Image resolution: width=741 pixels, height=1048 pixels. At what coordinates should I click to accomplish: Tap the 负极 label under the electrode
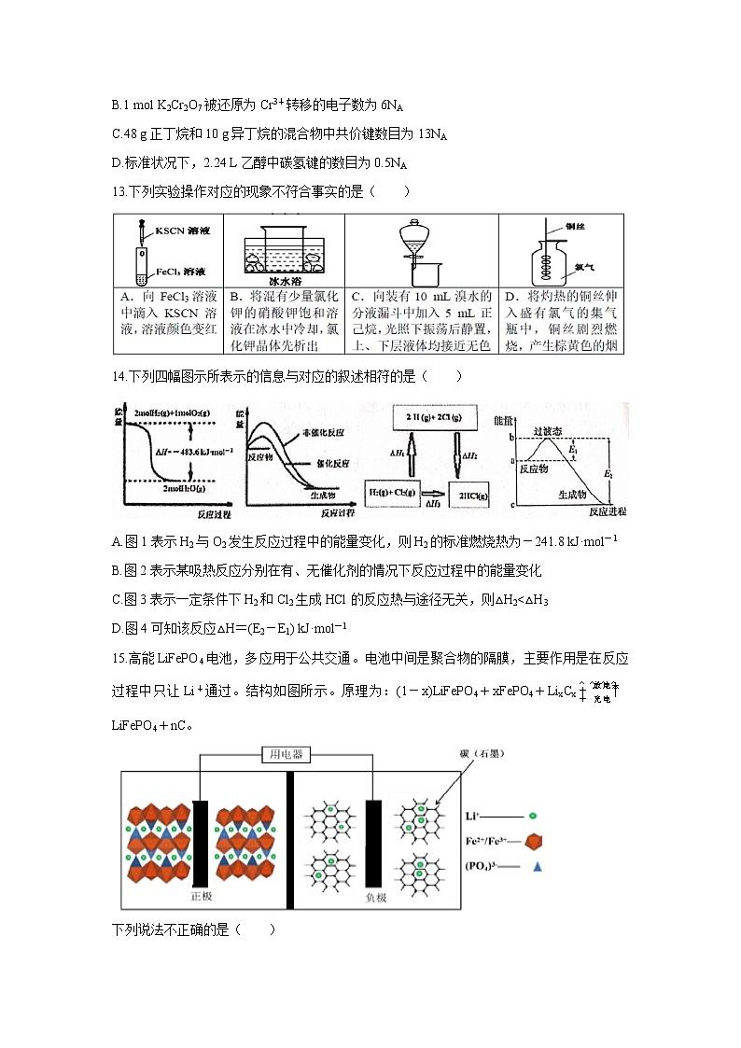pyautogui.click(x=376, y=896)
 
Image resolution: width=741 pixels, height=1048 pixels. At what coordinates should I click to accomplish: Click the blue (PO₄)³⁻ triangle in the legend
pyautogui.click(x=538, y=867)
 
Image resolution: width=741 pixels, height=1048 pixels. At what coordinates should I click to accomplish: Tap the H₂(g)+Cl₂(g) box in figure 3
pyautogui.click(x=390, y=491)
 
